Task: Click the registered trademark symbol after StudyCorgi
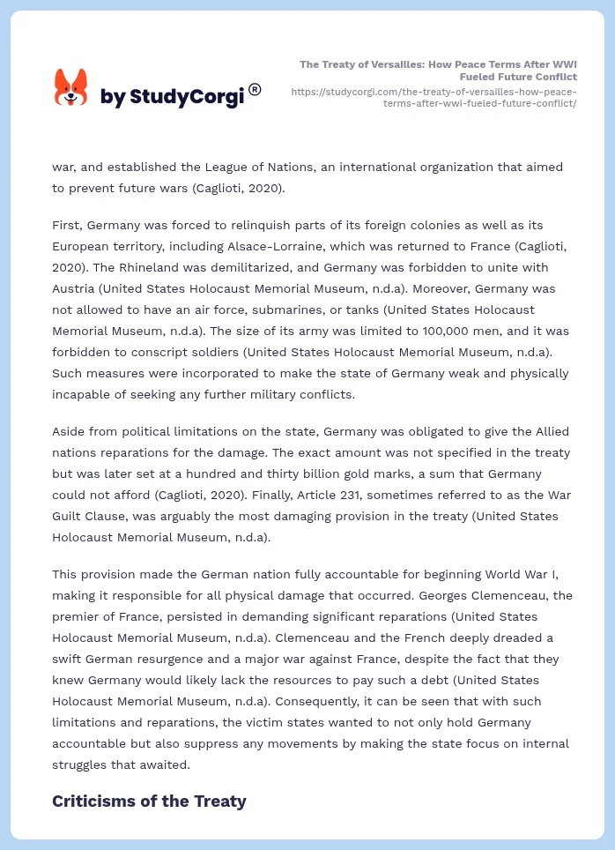coord(255,89)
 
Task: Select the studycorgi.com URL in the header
coord(433,97)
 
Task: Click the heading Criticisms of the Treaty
coord(149,802)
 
